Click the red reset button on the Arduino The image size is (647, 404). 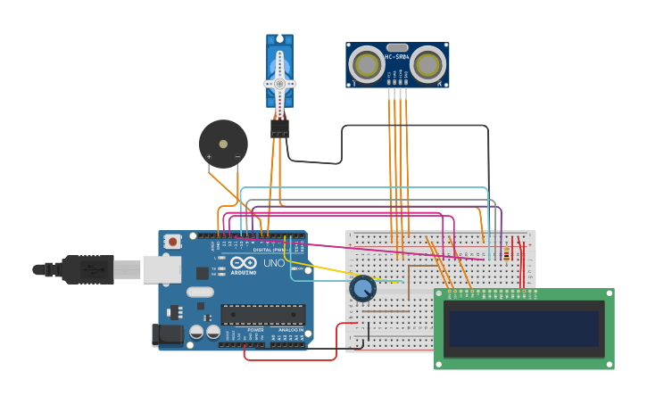point(172,241)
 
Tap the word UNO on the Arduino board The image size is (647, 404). point(274,264)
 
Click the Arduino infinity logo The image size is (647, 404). point(243,264)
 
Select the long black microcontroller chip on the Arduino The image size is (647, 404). point(262,314)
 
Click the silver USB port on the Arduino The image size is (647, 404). point(162,269)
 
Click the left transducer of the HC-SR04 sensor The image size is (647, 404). point(366,64)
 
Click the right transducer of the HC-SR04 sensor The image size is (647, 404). point(428,64)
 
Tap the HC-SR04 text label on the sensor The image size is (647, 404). point(397,57)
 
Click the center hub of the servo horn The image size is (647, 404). point(279,84)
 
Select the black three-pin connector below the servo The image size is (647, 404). point(279,129)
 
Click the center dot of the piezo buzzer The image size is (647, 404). point(223,143)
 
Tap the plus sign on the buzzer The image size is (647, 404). point(209,157)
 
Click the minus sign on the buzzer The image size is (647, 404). point(237,157)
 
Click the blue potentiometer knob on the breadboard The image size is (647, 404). point(362,289)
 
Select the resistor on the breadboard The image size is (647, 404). point(507,255)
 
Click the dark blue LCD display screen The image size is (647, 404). point(523,328)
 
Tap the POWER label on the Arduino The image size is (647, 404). point(255,330)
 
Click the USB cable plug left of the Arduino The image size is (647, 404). point(87,268)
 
